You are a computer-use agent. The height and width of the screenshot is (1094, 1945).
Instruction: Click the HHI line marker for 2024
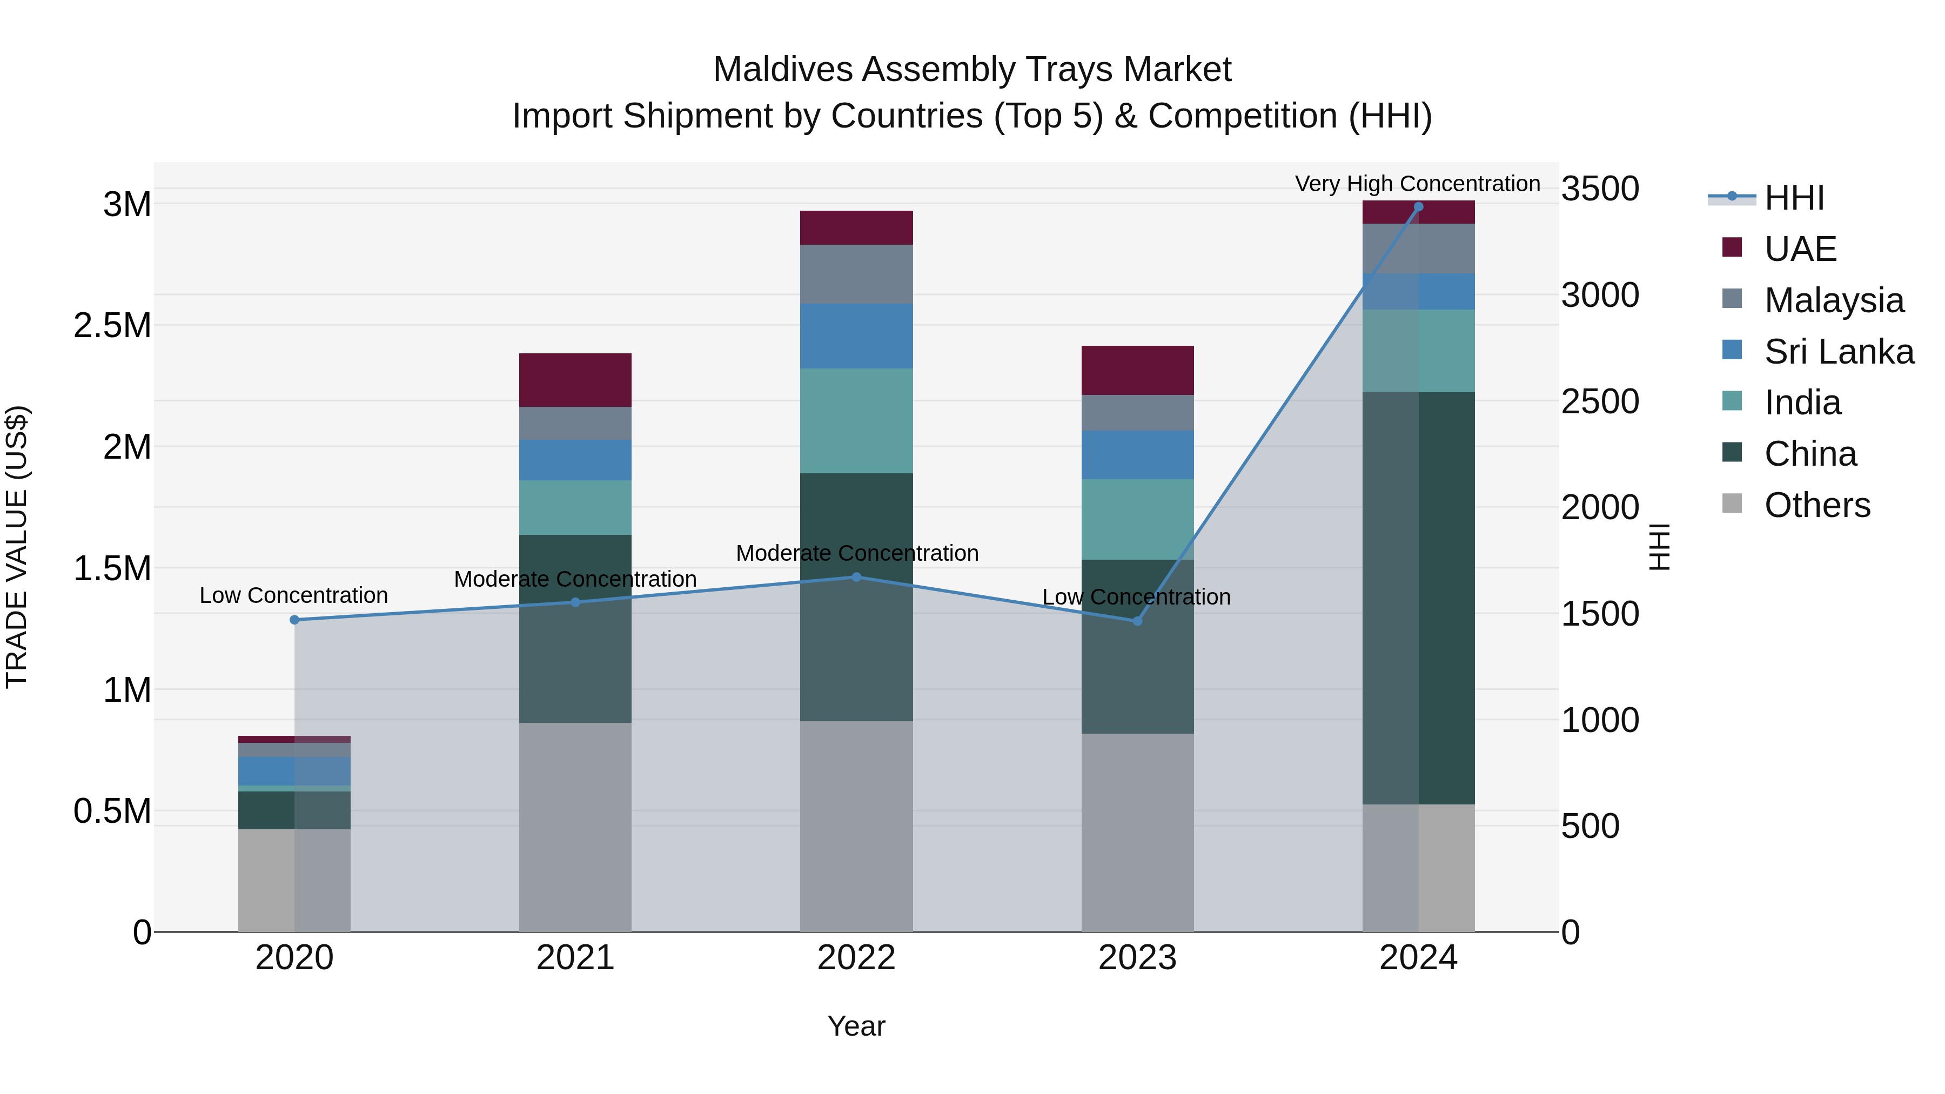pos(1418,207)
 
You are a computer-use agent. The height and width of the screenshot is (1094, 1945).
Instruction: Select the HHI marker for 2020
pos(294,620)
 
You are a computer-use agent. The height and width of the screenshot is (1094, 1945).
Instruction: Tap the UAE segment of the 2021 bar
pos(575,380)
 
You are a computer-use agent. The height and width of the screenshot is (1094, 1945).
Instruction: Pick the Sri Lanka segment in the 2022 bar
pos(856,336)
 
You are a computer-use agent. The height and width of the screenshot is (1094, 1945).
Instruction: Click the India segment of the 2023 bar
pos(1137,519)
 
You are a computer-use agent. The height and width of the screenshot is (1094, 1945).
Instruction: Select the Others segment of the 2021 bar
pos(575,827)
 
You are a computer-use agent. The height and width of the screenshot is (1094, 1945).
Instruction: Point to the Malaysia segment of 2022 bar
pos(856,274)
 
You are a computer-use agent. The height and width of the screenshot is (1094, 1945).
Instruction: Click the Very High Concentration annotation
pos(1417,184)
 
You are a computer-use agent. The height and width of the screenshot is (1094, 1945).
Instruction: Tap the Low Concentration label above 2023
pos(1136,597)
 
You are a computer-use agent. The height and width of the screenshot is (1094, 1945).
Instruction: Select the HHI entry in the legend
pos(1793,198)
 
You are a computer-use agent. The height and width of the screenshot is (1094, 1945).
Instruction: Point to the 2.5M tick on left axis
pos(112,325)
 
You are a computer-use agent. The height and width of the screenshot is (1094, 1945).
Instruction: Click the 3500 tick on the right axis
pos(1599,189)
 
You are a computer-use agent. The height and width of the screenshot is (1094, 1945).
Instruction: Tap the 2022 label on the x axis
pos(856,958)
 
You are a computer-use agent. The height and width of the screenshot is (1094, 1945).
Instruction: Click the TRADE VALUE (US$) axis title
pos(17,547)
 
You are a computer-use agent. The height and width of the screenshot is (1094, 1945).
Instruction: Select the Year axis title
pos(856,1026)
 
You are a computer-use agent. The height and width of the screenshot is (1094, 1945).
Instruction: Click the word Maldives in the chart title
pos(782,70)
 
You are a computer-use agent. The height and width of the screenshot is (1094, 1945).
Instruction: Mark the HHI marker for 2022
pos(856,578)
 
